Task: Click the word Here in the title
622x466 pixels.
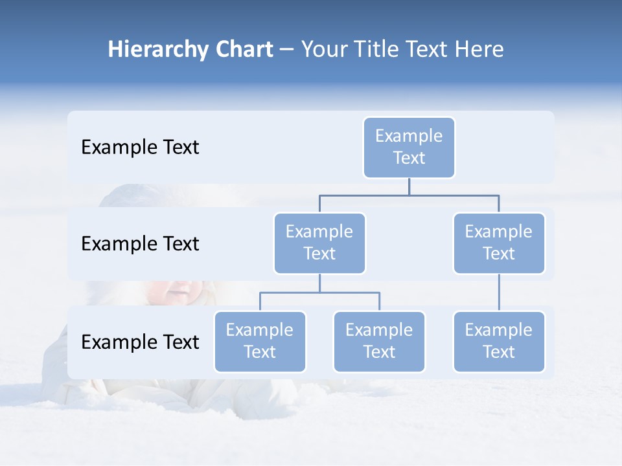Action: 480,50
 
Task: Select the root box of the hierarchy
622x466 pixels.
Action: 409,147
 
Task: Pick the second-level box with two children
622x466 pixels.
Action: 319,243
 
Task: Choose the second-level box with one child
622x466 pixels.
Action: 499,243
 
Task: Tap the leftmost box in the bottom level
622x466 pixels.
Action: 260,341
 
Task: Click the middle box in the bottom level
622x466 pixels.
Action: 379,341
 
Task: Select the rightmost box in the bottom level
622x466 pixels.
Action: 499,341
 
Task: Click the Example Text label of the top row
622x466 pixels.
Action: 140,148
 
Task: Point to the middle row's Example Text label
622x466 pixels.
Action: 140,244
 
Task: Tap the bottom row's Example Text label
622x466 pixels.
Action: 140,342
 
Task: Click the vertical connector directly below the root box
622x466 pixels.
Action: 409,186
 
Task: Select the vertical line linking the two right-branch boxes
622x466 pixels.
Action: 499,293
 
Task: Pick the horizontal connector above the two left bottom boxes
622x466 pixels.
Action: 319,293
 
